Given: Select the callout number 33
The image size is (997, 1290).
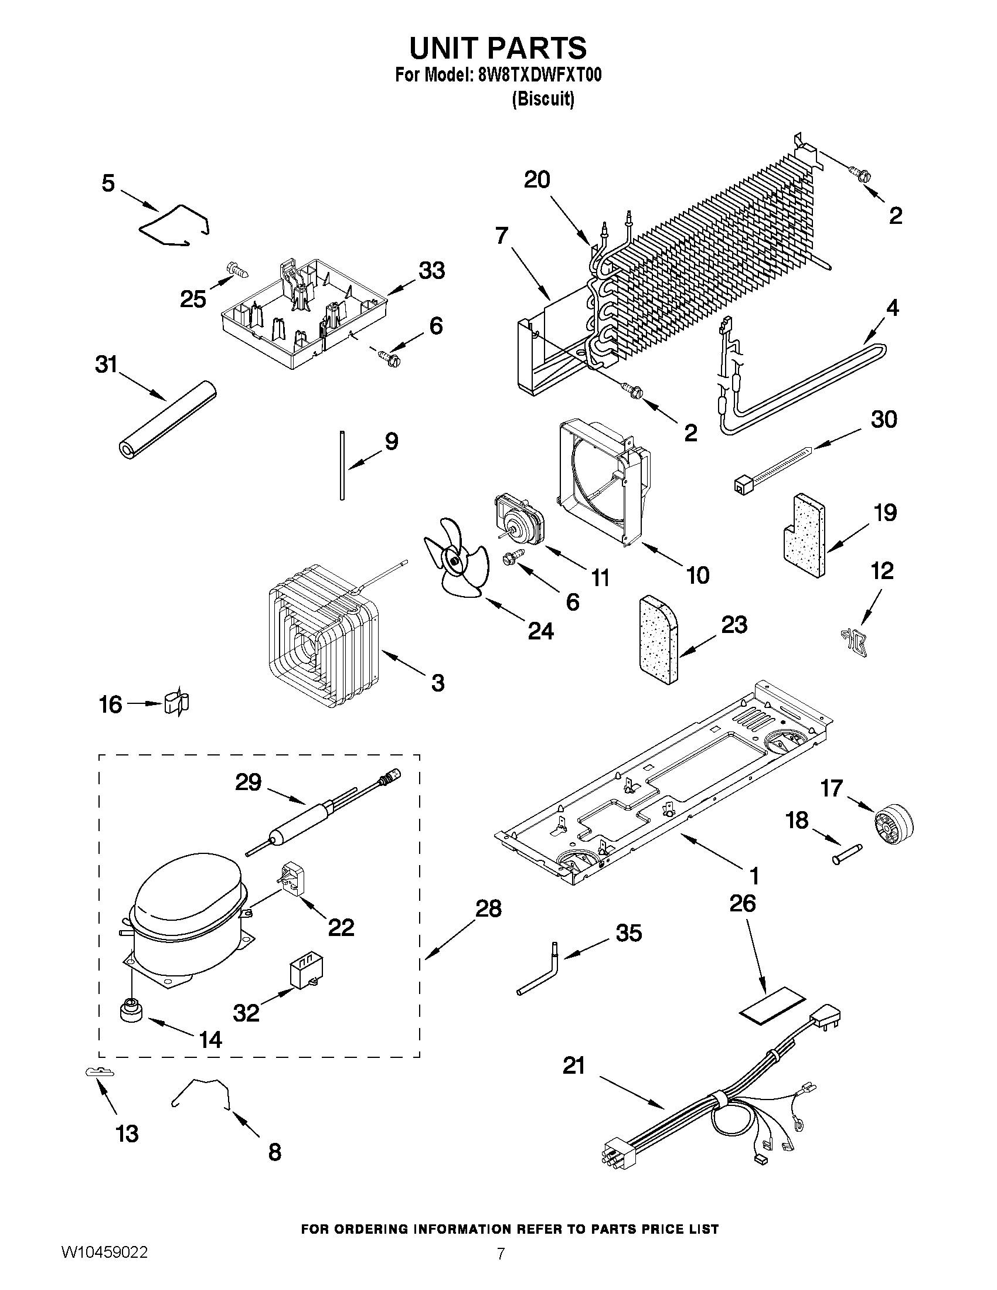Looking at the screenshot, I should tap(431, 271).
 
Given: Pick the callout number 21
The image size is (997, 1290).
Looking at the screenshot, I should tap(573, 1066).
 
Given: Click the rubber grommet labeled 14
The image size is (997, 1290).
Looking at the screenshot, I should tap(131, 1010).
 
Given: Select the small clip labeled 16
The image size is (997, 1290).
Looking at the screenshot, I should tap(176, 703).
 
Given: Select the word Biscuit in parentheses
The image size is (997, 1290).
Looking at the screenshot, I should tap(542, 99).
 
